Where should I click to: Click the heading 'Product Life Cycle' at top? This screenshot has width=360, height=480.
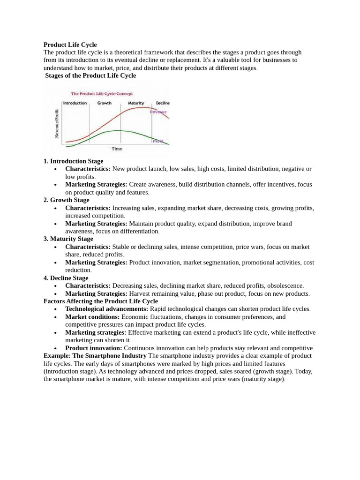pos(70,45)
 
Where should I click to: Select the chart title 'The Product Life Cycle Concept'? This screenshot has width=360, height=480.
pos(102,94)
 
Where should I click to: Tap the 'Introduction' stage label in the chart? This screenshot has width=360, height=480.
pos(75,103)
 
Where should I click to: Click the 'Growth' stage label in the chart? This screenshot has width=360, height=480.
pos(104,103)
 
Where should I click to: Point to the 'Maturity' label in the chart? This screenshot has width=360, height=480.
pos(136,103)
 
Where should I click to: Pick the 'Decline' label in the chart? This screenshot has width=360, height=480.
pos(162,103)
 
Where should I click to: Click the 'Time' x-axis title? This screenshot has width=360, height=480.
pos(117,149)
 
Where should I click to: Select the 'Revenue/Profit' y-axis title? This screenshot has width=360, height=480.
pos(57,123)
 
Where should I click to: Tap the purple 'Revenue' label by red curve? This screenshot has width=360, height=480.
pos(158,112)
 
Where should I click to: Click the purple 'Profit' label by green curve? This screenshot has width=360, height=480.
pos(158,141)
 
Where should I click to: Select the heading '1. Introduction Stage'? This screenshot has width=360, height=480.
pos(73,161)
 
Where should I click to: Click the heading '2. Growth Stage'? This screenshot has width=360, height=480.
pos(66,200)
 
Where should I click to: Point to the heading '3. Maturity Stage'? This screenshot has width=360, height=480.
pos(68,239)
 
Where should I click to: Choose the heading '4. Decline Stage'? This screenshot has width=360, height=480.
pos(66,278)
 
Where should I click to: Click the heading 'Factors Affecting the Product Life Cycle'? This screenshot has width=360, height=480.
pos(100,301)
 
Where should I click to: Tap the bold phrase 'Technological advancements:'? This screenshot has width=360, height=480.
pos(106,309)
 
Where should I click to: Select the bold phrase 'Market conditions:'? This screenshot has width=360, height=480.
pos(92,317)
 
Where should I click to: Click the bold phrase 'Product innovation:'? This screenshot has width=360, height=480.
pos(94,348)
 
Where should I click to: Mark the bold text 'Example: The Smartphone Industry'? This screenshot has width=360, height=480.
pos(95,356)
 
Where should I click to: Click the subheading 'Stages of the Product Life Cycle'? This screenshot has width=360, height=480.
pos(90,75)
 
